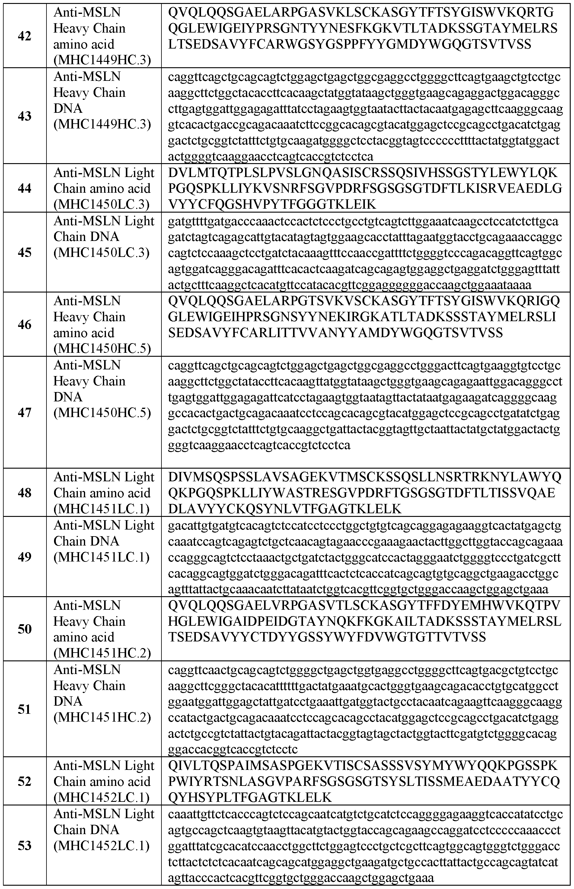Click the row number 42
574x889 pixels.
(x=25, y=36)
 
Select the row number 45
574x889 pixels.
(x=25, y=252)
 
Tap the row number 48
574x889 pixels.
(x=25, y=493)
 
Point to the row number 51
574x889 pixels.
(x=25, y=709)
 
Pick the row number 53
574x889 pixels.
(x=25, y=846)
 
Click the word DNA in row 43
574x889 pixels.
(x=68, y=108)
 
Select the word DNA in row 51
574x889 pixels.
(x=68, y=701)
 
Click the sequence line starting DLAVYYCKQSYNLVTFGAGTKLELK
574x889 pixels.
(x=285, y=509)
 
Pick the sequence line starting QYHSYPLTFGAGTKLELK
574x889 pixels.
(x=250, y=797)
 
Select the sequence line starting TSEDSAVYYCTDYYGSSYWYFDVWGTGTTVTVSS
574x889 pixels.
(x=327, y=637)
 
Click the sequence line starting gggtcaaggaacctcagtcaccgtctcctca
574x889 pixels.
(x=259, y=445)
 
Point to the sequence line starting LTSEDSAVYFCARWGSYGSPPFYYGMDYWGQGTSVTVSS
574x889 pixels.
(x=349, y=44)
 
